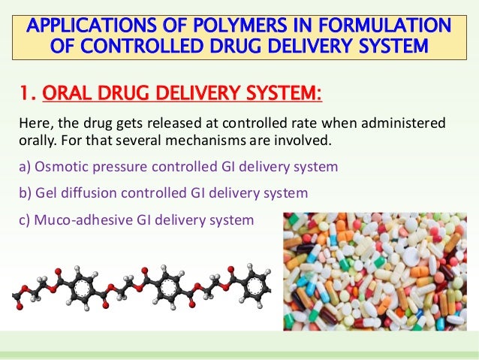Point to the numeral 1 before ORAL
click(x=26, y=95)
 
